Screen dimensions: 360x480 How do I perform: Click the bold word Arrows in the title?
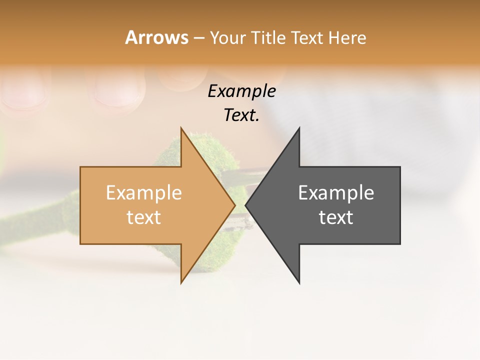pyautogui.click(x=157, y=37)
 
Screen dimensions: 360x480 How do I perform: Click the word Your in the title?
pyautogui.click(x=227, y=38)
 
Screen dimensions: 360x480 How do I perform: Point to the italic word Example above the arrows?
pyautogui.click(x=241, y=91)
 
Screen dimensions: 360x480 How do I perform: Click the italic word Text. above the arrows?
pyautogui.click(x=241, y=115)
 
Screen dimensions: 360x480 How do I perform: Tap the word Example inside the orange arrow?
pyautogui.click(x=144, y=193)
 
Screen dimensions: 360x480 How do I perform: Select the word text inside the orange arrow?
pyautogui.click(x=144, y=217)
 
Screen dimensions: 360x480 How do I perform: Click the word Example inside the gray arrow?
pyautogui.click(x=336, y=193)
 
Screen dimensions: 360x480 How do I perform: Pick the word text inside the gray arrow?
pyautogui.click(x=336, y=217)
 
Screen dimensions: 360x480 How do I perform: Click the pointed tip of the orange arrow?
pyautogui.click(x=235, y=205)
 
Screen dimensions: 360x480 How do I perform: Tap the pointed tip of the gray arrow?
pyautogui.click(x=245, y=205)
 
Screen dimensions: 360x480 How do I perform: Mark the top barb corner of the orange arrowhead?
pyautogui.click(x=181, y=127)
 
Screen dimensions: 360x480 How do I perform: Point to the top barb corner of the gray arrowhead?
pyautogui.click(x=299, y=127)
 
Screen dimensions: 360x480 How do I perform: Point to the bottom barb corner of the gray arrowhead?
pyautogui.click(x=299, y=283)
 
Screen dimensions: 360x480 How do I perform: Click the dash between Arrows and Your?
pyautogui.click(x=198, y=38)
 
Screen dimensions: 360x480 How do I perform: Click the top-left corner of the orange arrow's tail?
pyautogui.click(x=80, y=167)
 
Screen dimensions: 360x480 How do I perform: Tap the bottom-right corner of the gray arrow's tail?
pyautogui.click(x=400, y=243)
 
